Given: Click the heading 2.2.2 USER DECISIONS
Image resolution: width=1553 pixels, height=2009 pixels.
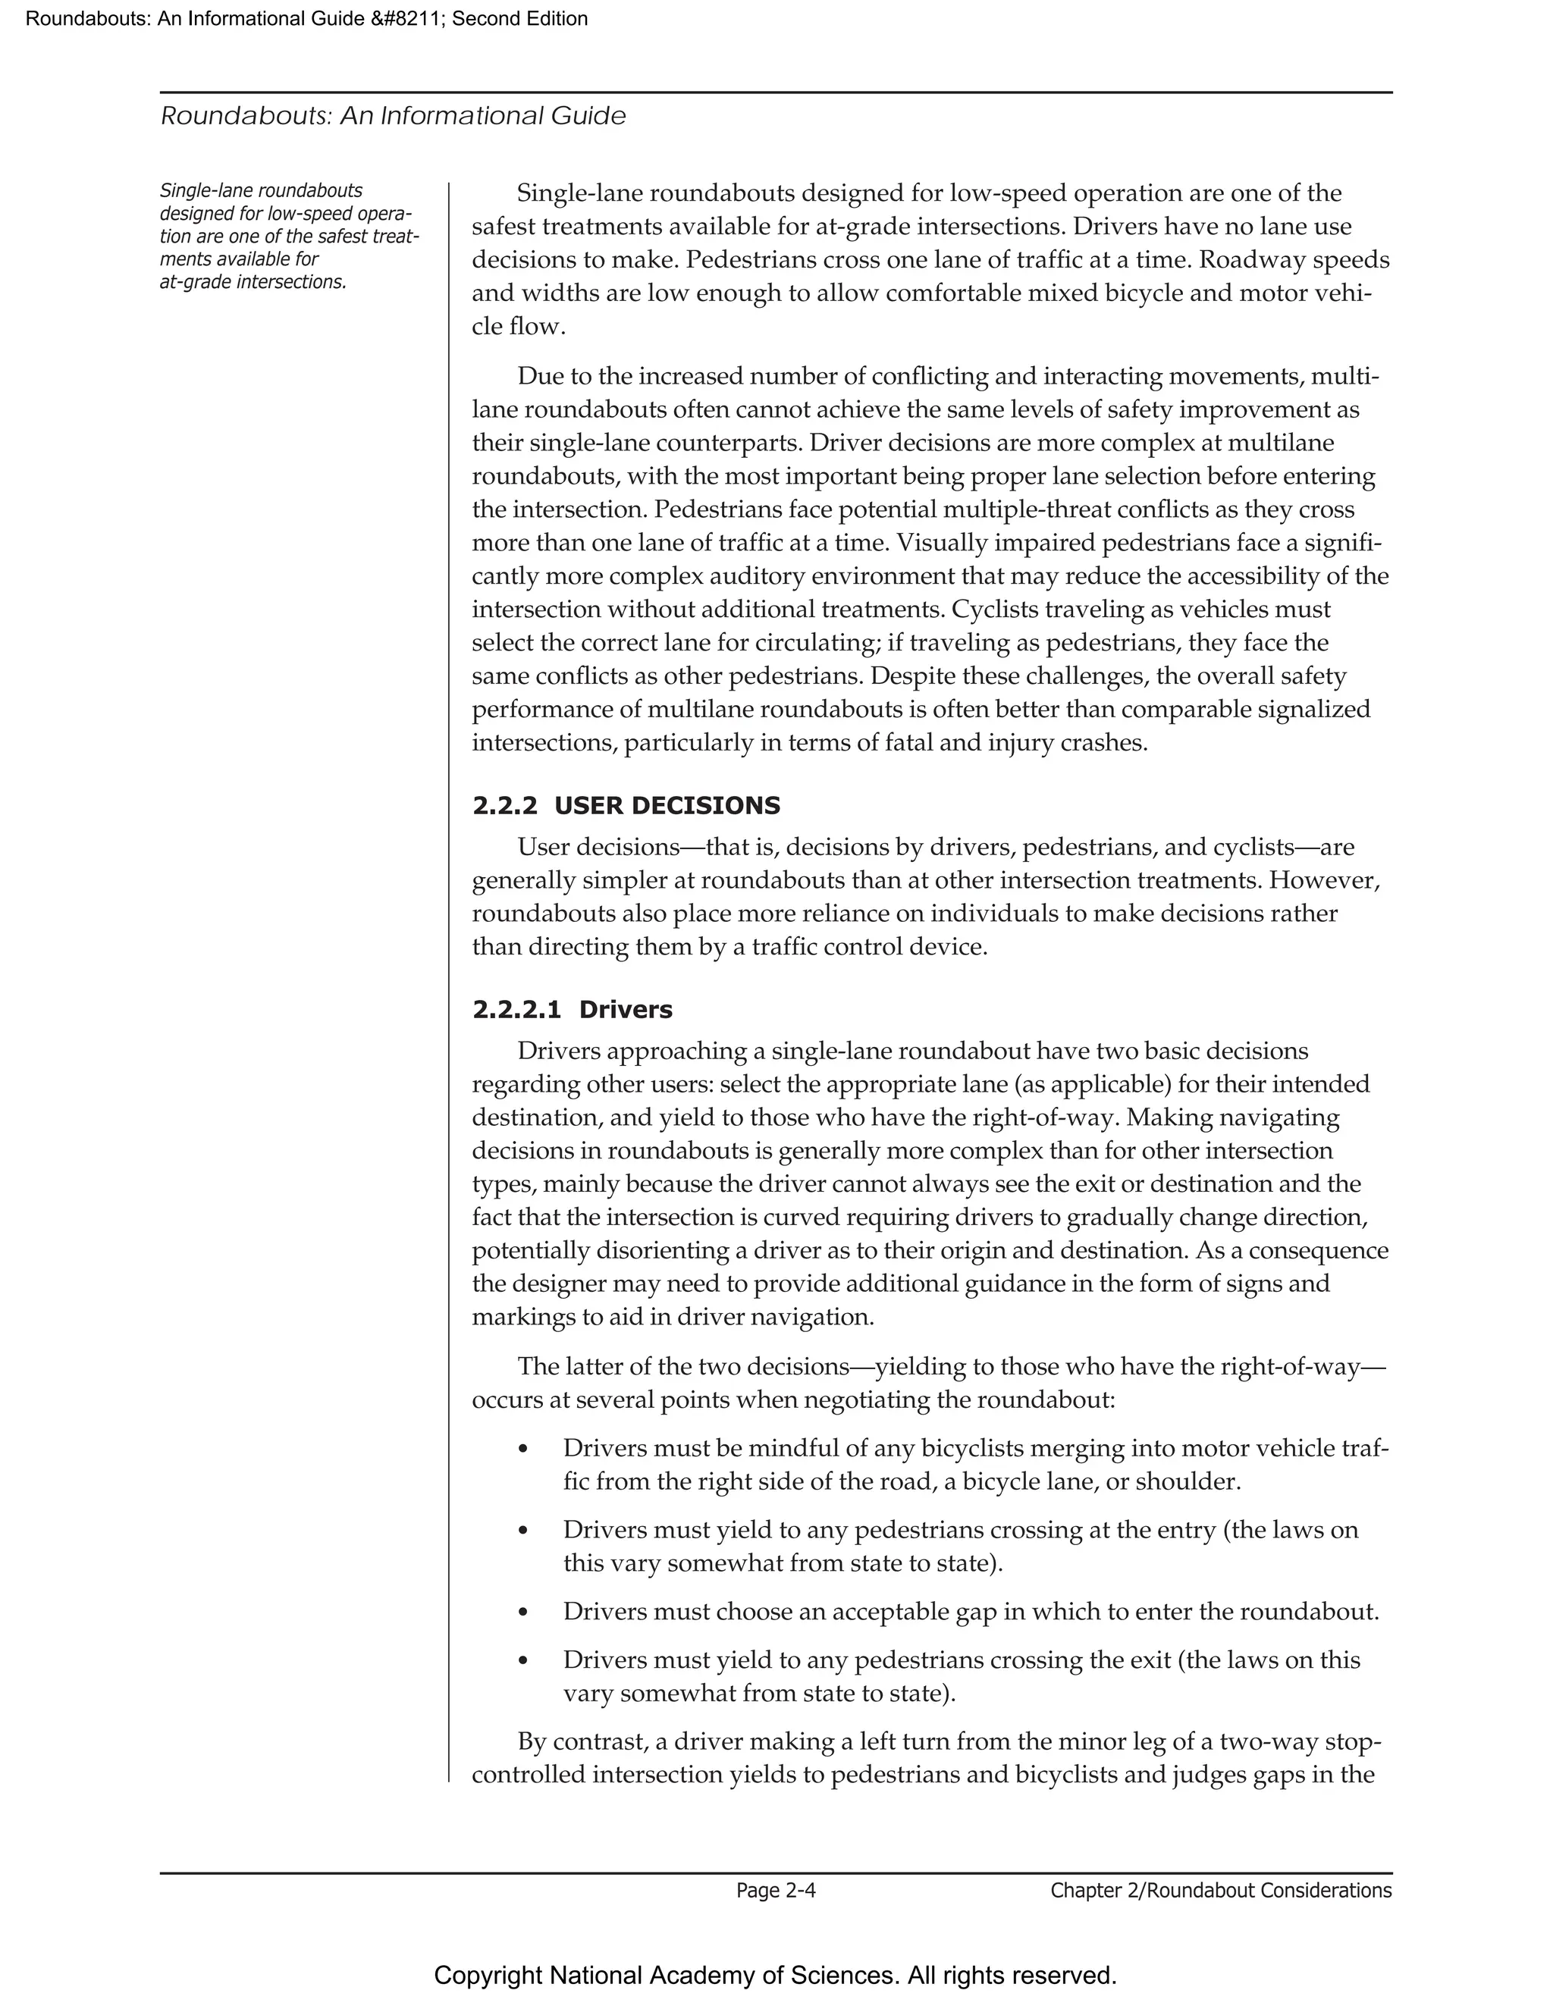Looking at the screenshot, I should pyautogui.click(x=626, y=806).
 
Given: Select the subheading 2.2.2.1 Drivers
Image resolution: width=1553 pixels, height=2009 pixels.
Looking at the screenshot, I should pyautogui.click(x=573, y=1010).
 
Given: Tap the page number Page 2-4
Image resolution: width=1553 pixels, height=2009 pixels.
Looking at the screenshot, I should pyautogui.click(x=776, y=1890).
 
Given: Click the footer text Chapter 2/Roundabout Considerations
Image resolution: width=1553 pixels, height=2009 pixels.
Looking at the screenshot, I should pyautogui.click(x=1221, y=1890).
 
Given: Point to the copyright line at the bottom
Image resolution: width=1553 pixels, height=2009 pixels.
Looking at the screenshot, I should pyautogui.click(x=776, y=1975).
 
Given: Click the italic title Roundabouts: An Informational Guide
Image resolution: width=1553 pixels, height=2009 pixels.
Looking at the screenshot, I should pyautogui.click(x=393, y=116).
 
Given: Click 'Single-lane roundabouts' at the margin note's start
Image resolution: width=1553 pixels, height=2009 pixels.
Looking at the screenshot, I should pyautogui.click(x=262, y=190).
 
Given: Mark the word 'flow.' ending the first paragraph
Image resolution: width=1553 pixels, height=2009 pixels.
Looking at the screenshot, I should pyautogui.click(x=538, y=327).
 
